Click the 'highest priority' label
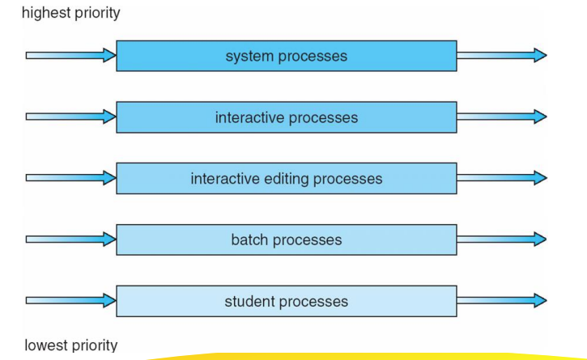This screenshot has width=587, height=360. [71, 13]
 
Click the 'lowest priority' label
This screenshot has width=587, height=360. [71, 345]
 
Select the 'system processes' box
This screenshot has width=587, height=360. [287, 56]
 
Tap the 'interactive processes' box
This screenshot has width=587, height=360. [287, 117]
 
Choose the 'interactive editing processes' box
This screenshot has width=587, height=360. [287, 179]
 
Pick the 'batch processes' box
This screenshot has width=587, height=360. [287, 240]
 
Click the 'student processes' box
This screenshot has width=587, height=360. [287, 301]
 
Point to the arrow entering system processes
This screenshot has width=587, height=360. [70, 55]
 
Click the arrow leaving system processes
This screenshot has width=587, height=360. [502, 55]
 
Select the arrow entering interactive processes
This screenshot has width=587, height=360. [70, 116]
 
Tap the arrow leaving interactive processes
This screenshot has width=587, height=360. [502, 116]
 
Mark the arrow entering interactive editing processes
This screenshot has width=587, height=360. [70, 178]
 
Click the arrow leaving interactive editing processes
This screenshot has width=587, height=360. [502, 178]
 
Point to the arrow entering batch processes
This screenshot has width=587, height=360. [70, 239]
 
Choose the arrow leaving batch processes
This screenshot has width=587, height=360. [502, 239]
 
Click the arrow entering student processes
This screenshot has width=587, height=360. [70, 300]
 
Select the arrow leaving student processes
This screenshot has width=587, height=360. [502, 300]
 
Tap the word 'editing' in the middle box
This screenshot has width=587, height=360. [287, 180]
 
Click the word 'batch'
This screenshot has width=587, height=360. [249, 240]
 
